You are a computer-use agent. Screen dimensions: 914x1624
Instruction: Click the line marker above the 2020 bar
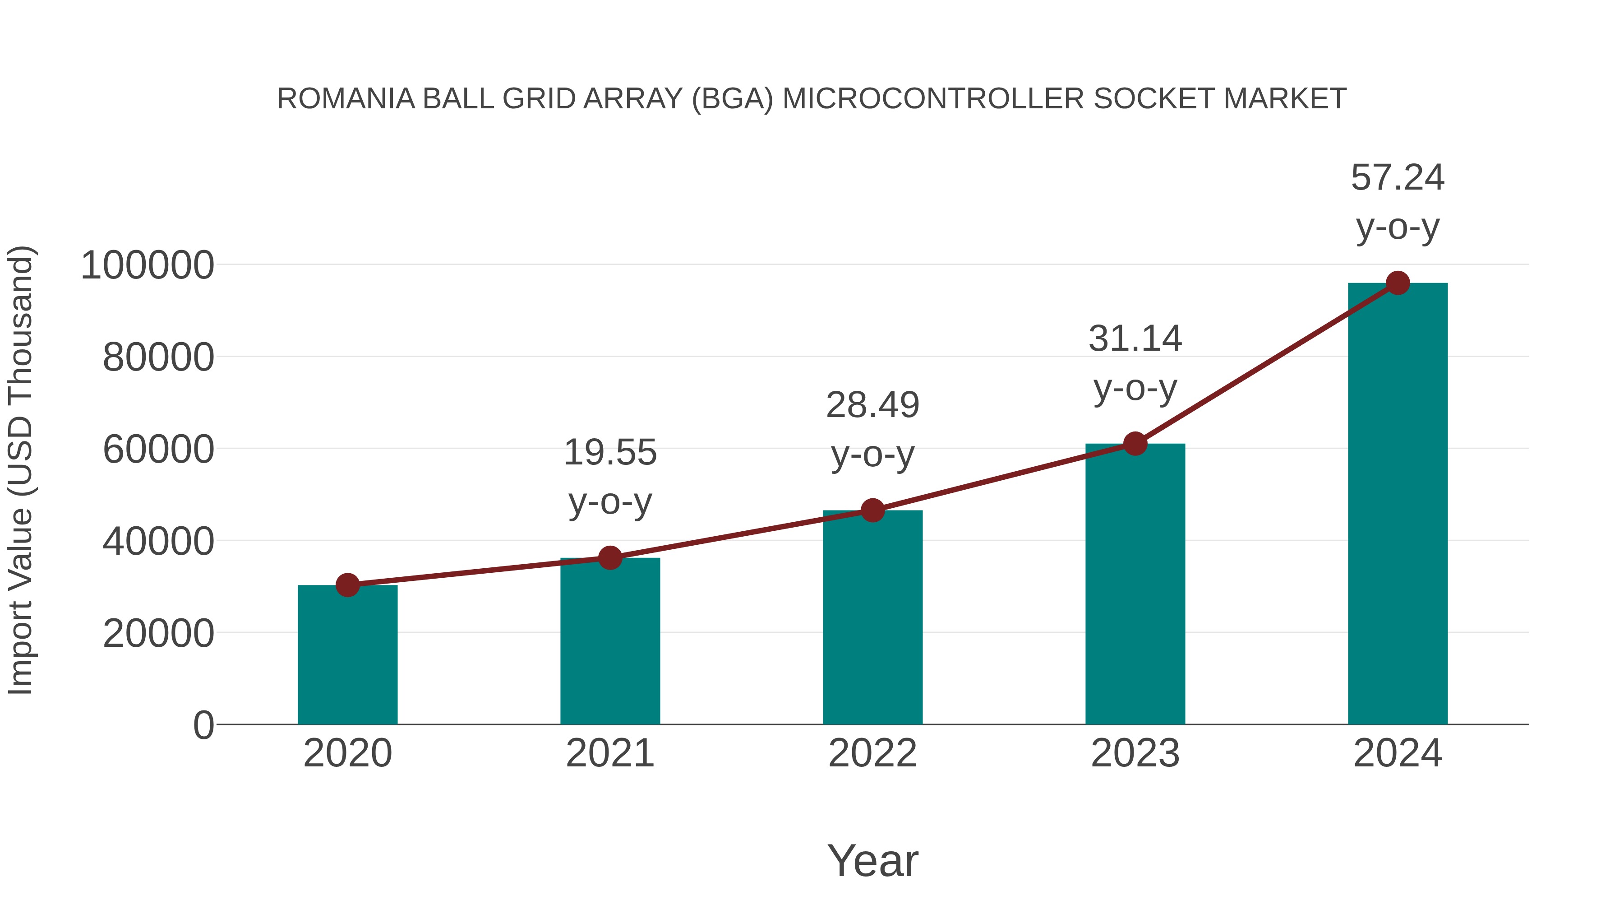click(347, 585)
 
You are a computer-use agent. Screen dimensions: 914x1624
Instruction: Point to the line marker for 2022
click(872, 510)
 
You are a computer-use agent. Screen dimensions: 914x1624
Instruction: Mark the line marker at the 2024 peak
click(1398, 283)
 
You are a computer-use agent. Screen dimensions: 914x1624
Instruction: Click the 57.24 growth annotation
click(1398, 178)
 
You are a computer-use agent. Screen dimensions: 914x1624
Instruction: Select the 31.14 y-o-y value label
click(1135, 339)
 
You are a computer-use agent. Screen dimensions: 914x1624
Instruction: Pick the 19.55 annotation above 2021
click(609, 453)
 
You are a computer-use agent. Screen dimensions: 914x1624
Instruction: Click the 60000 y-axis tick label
click(158, 450)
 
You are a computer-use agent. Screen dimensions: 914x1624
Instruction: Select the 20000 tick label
click(158, 633)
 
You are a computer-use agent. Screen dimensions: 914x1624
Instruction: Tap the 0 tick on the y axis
click(203, 725)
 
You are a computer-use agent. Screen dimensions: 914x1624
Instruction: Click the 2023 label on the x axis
click(1135, 753)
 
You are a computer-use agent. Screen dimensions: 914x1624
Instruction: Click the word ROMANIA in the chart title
click(346, 99)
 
